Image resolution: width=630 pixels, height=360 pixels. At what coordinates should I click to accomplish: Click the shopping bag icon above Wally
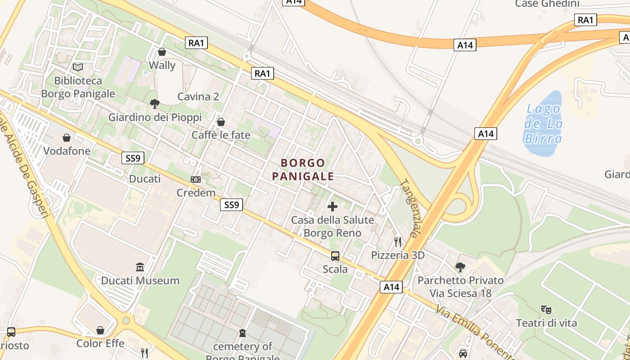coord(162,52)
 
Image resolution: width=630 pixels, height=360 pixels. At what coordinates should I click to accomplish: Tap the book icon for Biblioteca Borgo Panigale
coord(78,67)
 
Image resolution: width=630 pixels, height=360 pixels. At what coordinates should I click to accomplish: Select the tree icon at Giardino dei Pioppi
coord(155,104)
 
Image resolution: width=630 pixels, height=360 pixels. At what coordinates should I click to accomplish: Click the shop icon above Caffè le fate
coord(221,122)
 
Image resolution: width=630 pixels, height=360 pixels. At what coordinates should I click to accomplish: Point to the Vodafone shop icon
coord(67,138)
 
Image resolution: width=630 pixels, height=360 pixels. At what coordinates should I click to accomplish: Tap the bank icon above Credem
coord(196,180)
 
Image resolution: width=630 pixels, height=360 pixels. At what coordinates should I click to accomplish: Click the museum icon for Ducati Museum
coord(140,267)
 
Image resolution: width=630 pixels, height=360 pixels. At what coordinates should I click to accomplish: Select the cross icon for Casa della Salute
coord(333,207)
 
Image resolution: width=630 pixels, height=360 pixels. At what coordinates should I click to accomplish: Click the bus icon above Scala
coord(335,256)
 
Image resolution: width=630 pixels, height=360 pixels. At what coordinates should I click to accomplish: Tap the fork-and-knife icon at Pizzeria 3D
coord(398,242)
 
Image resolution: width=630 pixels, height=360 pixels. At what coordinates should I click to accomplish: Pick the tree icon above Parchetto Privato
coord(460,267)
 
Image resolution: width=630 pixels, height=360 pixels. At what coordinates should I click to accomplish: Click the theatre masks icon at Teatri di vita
coord(546,310)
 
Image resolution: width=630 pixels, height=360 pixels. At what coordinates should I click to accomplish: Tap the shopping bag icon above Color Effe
coord(100,330)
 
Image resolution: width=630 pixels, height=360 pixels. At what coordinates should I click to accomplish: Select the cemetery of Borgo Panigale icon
coord(243,333)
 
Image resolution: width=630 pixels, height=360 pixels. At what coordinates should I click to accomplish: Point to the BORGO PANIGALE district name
coord(303,169)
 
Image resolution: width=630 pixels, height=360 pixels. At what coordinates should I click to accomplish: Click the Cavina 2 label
coord(198,96)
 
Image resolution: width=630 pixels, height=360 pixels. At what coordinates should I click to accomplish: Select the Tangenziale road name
coord(409,208)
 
